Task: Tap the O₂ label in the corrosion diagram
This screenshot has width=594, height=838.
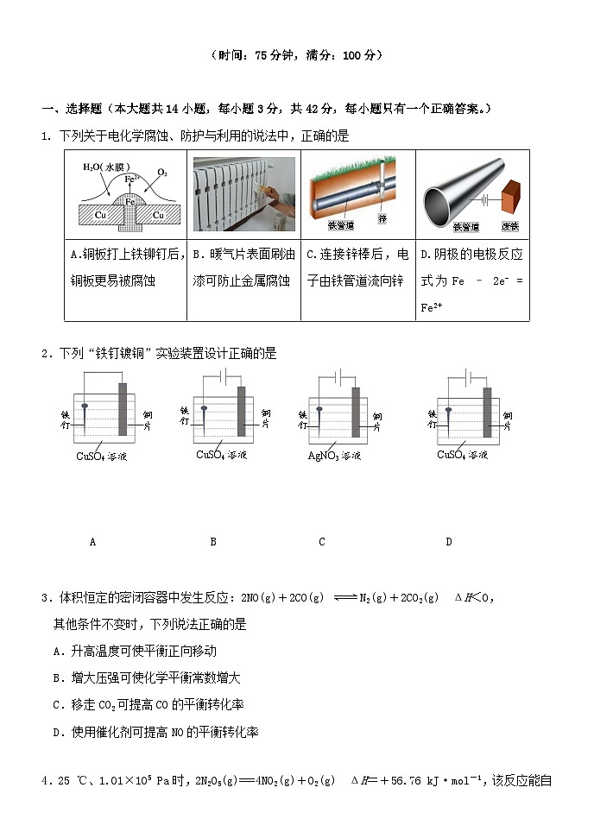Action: [161, 173]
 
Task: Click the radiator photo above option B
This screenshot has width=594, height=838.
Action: [244, 194]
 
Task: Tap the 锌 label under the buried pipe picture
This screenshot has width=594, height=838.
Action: [382, 219]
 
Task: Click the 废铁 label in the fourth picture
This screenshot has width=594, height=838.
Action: [509, 227]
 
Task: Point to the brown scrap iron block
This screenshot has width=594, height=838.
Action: [511, 199]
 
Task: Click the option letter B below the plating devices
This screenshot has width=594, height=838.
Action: [213, 542]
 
